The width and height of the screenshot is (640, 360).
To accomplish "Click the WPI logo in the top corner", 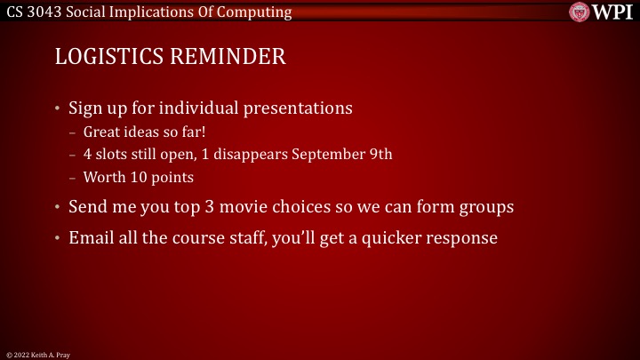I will [602, 12].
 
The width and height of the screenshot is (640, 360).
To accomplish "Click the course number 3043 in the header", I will [44, 12].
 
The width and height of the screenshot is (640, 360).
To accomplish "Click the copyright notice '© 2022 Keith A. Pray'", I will [36, 354].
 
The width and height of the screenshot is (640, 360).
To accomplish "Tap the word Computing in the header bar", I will [258, 12].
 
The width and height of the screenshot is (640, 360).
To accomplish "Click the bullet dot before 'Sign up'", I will [59, 109].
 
